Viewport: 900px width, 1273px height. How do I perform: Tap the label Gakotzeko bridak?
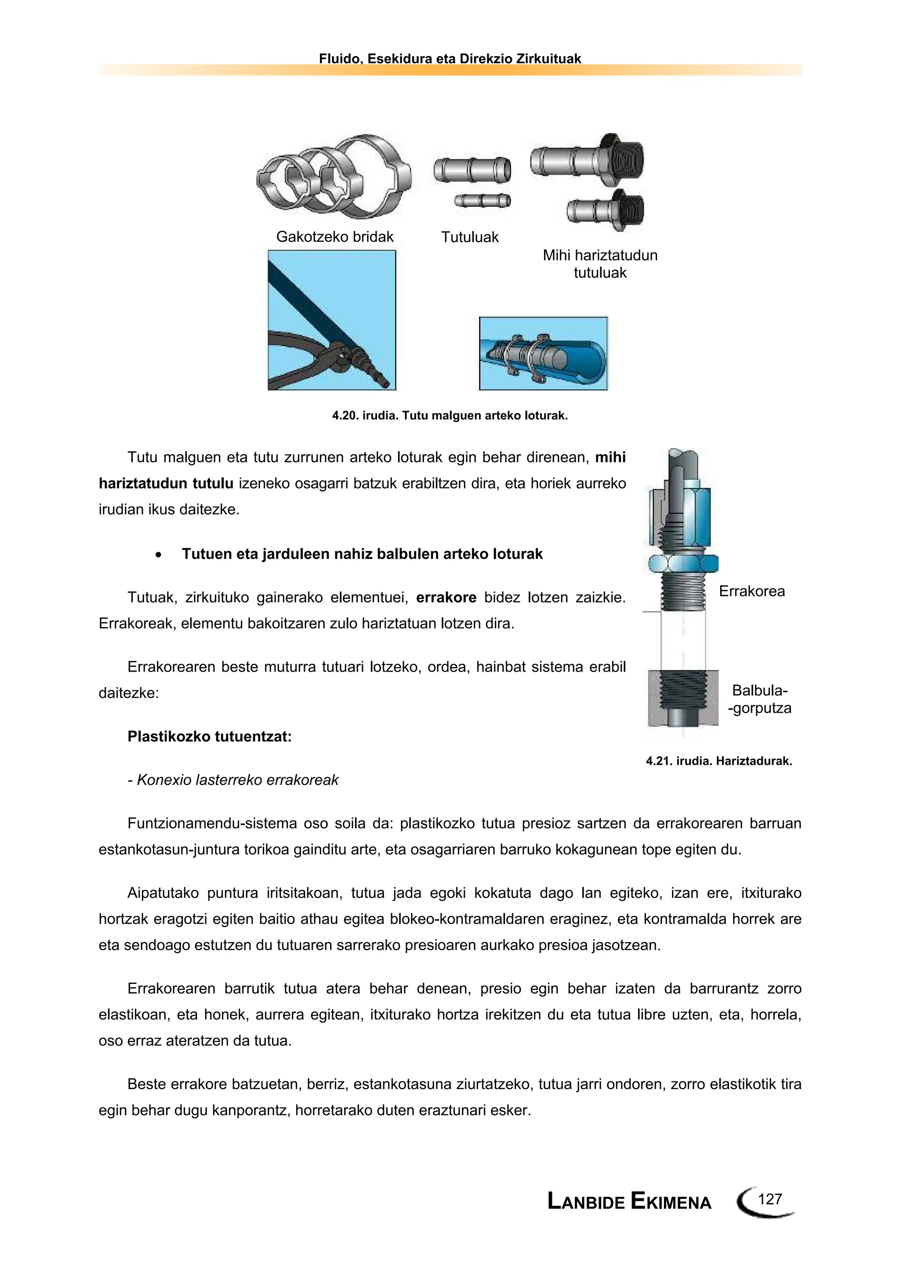click(x=334, y=237)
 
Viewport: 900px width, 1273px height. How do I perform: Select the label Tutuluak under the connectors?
click(x=470, y=237)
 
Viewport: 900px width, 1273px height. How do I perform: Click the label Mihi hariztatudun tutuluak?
click(x=600, y=264)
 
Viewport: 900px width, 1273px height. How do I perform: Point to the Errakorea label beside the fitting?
click(x=751, y=591)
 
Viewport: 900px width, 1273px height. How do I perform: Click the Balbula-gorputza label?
click(x=760, y=699)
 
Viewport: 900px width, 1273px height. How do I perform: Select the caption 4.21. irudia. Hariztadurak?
click(x=719, y=761)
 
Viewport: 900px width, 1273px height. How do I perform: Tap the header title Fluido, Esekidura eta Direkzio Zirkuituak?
click(x=450, y=59)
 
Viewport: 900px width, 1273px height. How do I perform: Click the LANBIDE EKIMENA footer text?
click(x=629, y=1201)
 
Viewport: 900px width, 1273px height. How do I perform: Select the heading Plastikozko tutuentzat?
click(x=210, y=736)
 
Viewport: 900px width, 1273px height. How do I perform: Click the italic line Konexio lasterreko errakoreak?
click(x=233, y=780)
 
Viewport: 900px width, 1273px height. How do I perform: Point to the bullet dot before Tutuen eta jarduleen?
click(x=159, y=554)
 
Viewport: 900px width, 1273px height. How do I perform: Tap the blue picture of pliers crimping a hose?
click(x=332, y=320)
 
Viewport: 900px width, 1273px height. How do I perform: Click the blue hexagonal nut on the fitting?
click(x=683, y=564)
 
